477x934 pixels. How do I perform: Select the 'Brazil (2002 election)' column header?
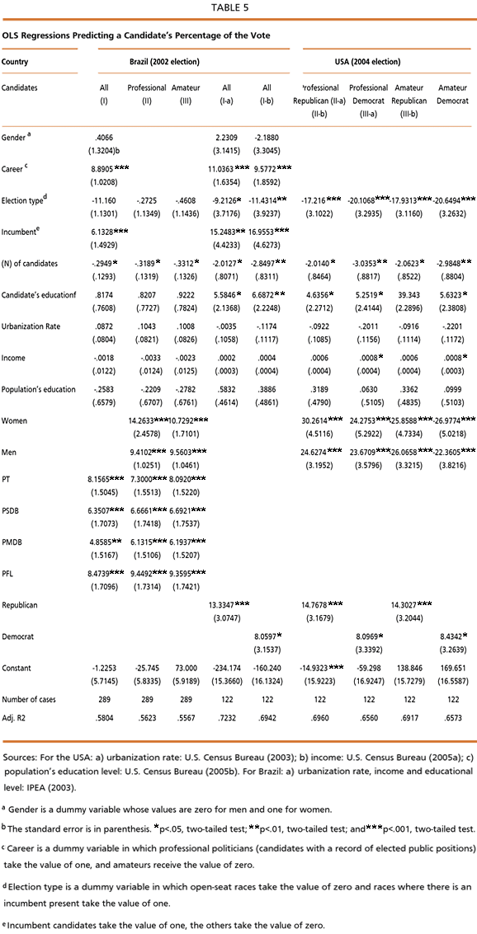click(164, 61)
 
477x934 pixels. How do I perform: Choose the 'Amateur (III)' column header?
click(186, 92)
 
